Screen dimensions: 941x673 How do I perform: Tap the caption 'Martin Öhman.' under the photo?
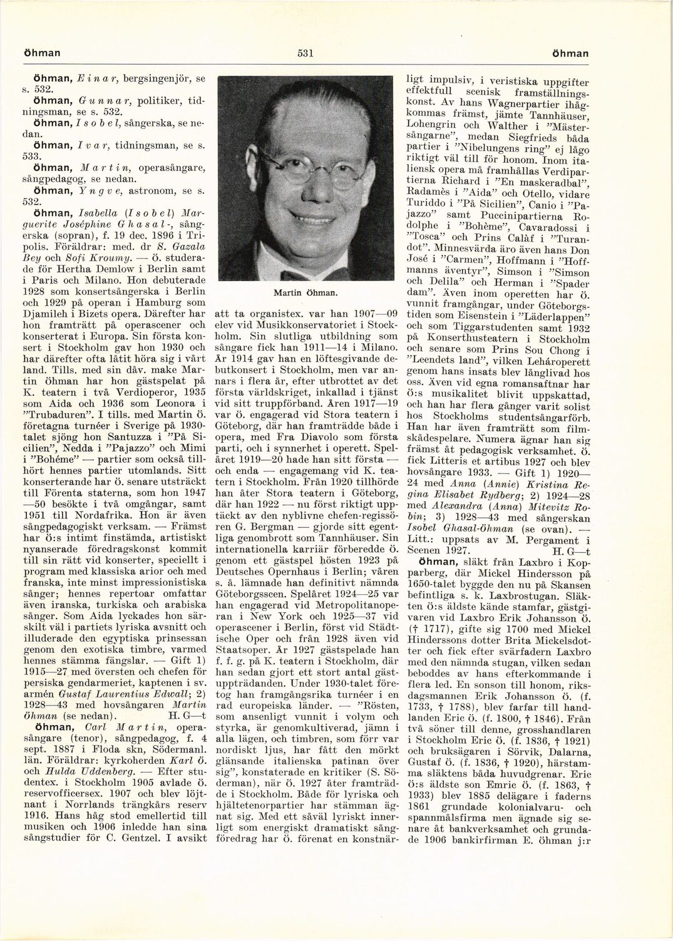click(305, 292)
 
